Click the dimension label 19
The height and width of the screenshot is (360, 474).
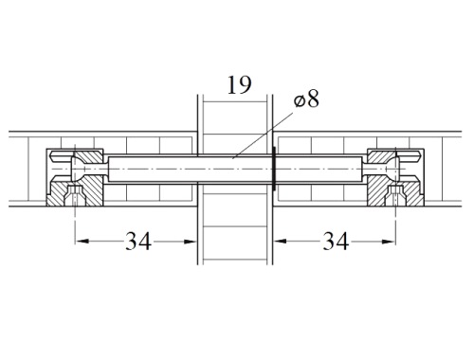pos(240,85)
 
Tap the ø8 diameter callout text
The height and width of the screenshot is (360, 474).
pos(306,99)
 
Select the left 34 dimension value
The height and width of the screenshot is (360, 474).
pos(138,241)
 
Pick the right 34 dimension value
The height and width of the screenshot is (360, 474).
pos(336,241)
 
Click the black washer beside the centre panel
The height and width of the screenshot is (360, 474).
pos(274,169)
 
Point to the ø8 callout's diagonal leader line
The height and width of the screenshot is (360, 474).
pos(263,135)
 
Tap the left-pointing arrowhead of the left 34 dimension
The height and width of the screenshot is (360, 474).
pos(82,242)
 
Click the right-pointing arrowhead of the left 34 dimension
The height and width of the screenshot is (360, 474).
pos(191,242)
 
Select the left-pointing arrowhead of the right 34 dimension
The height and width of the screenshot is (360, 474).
pos(280,242)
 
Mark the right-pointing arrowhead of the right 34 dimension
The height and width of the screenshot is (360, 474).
pos(389,242)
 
